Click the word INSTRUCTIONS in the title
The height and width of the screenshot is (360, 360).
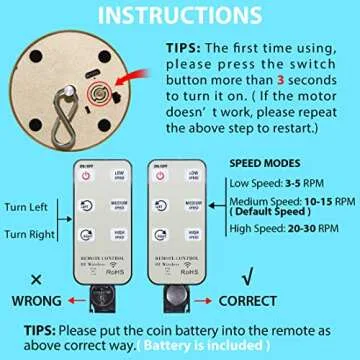pyautogui.click(x=180, y=17)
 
